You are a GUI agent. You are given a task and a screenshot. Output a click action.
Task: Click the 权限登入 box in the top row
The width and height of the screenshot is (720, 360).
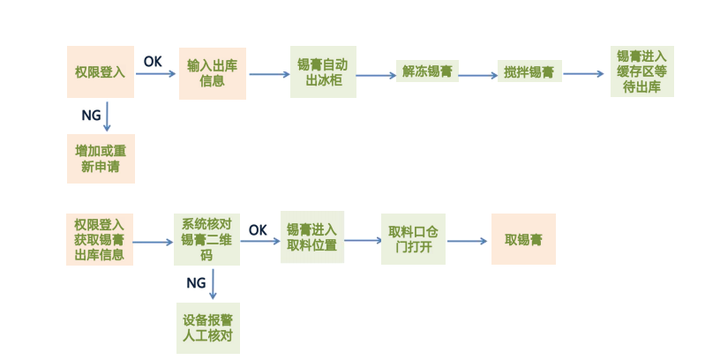pos(101,71)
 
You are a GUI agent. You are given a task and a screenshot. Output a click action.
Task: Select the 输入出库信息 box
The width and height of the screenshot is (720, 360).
pos(213,72)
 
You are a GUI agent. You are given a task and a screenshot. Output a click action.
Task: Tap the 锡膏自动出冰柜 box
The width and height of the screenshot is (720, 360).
pos(323,71)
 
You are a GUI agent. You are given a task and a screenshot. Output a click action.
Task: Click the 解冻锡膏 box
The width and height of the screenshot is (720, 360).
pos(427,71)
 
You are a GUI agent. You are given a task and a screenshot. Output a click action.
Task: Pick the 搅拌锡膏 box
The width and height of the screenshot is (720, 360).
pos(529,72)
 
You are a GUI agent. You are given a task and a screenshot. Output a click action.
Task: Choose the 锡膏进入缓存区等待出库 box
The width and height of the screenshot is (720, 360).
pos(641,71)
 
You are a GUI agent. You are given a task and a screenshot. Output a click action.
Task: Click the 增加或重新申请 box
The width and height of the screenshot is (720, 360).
pos(101,158)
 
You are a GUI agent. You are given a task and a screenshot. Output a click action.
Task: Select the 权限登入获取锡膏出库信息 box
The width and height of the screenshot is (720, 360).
pos(99,240)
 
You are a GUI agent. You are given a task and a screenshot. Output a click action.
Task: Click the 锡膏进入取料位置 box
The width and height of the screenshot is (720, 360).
pos(311,237)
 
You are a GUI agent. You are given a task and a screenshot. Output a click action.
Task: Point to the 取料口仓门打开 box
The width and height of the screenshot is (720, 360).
pos(413,238)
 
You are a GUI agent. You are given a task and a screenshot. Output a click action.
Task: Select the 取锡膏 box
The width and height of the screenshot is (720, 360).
pos(523,239)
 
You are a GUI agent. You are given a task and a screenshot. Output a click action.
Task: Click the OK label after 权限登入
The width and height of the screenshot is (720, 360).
pos(153,61)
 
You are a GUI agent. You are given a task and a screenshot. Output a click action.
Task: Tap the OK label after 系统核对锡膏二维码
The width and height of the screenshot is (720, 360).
pos(258,229)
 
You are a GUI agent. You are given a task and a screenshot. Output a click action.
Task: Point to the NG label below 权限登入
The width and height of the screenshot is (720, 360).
pos(91,116)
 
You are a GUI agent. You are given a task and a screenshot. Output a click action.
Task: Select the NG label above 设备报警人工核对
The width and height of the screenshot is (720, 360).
pos(196,282)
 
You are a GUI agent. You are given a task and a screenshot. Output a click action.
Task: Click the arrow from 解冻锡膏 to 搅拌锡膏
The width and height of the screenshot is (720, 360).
pos(478,76)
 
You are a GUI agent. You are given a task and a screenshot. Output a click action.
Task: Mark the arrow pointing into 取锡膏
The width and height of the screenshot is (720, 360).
pos(468,241)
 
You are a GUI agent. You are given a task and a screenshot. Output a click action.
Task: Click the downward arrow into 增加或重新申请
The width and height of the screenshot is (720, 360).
pos(108,116)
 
